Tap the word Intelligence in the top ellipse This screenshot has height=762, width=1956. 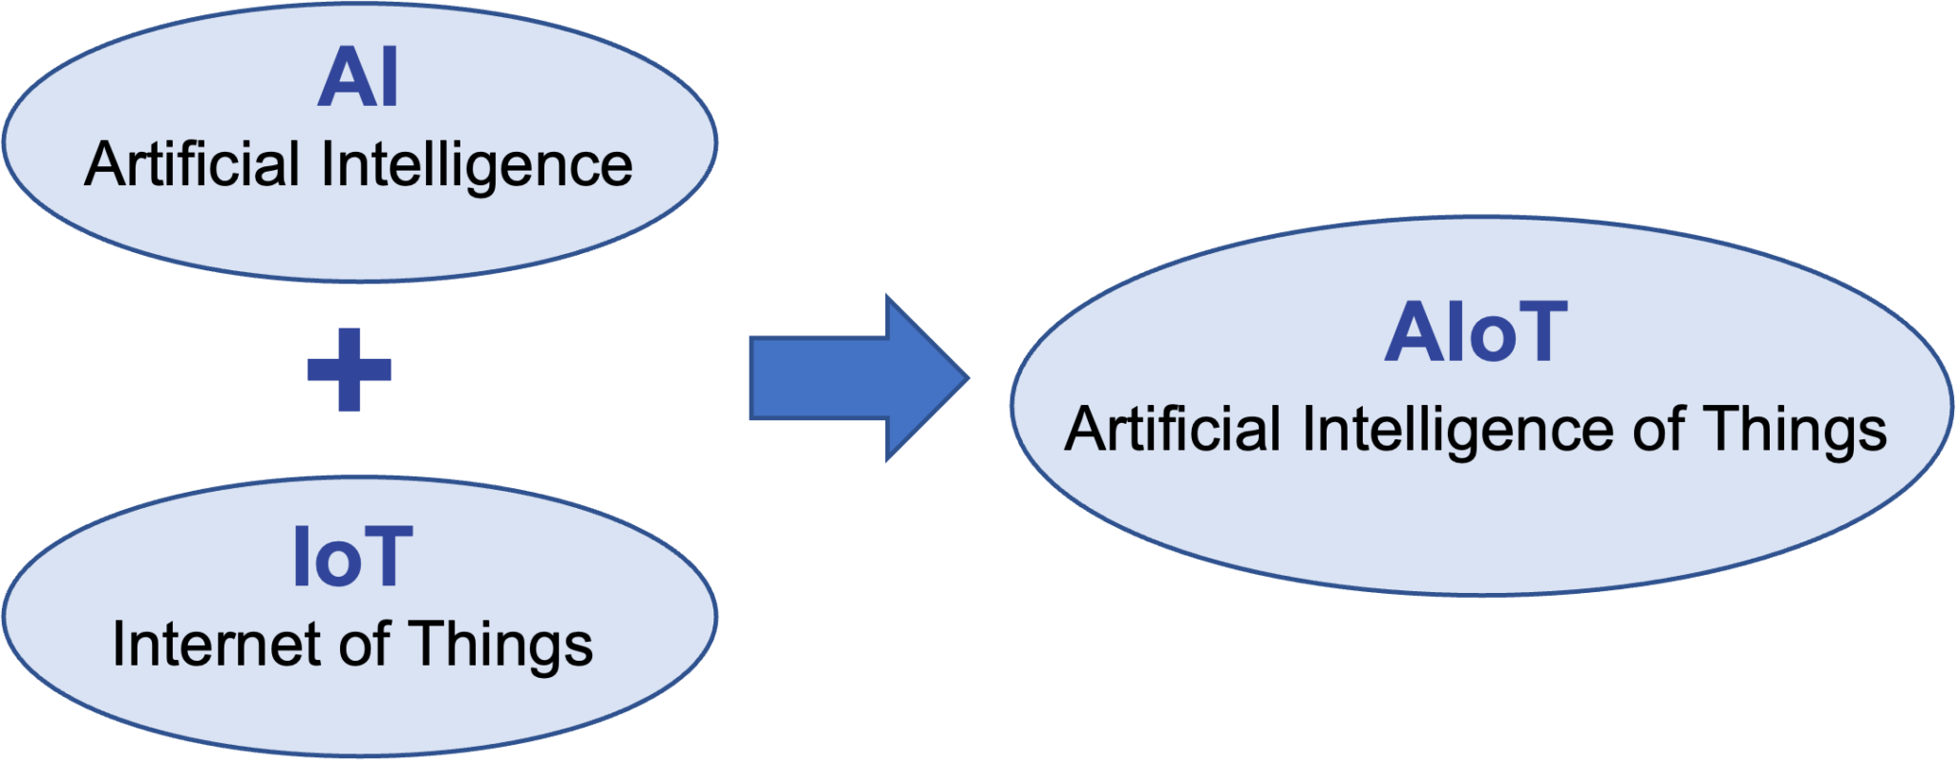tap(477, 166)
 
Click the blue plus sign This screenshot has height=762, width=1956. tap(350, 370)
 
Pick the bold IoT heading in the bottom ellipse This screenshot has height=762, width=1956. tap(352, 558)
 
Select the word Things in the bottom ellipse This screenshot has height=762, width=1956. tap(501, 646)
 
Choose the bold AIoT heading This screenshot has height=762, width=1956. tap(1476, 333)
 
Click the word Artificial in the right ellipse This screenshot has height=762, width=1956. tap(1174, 430)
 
